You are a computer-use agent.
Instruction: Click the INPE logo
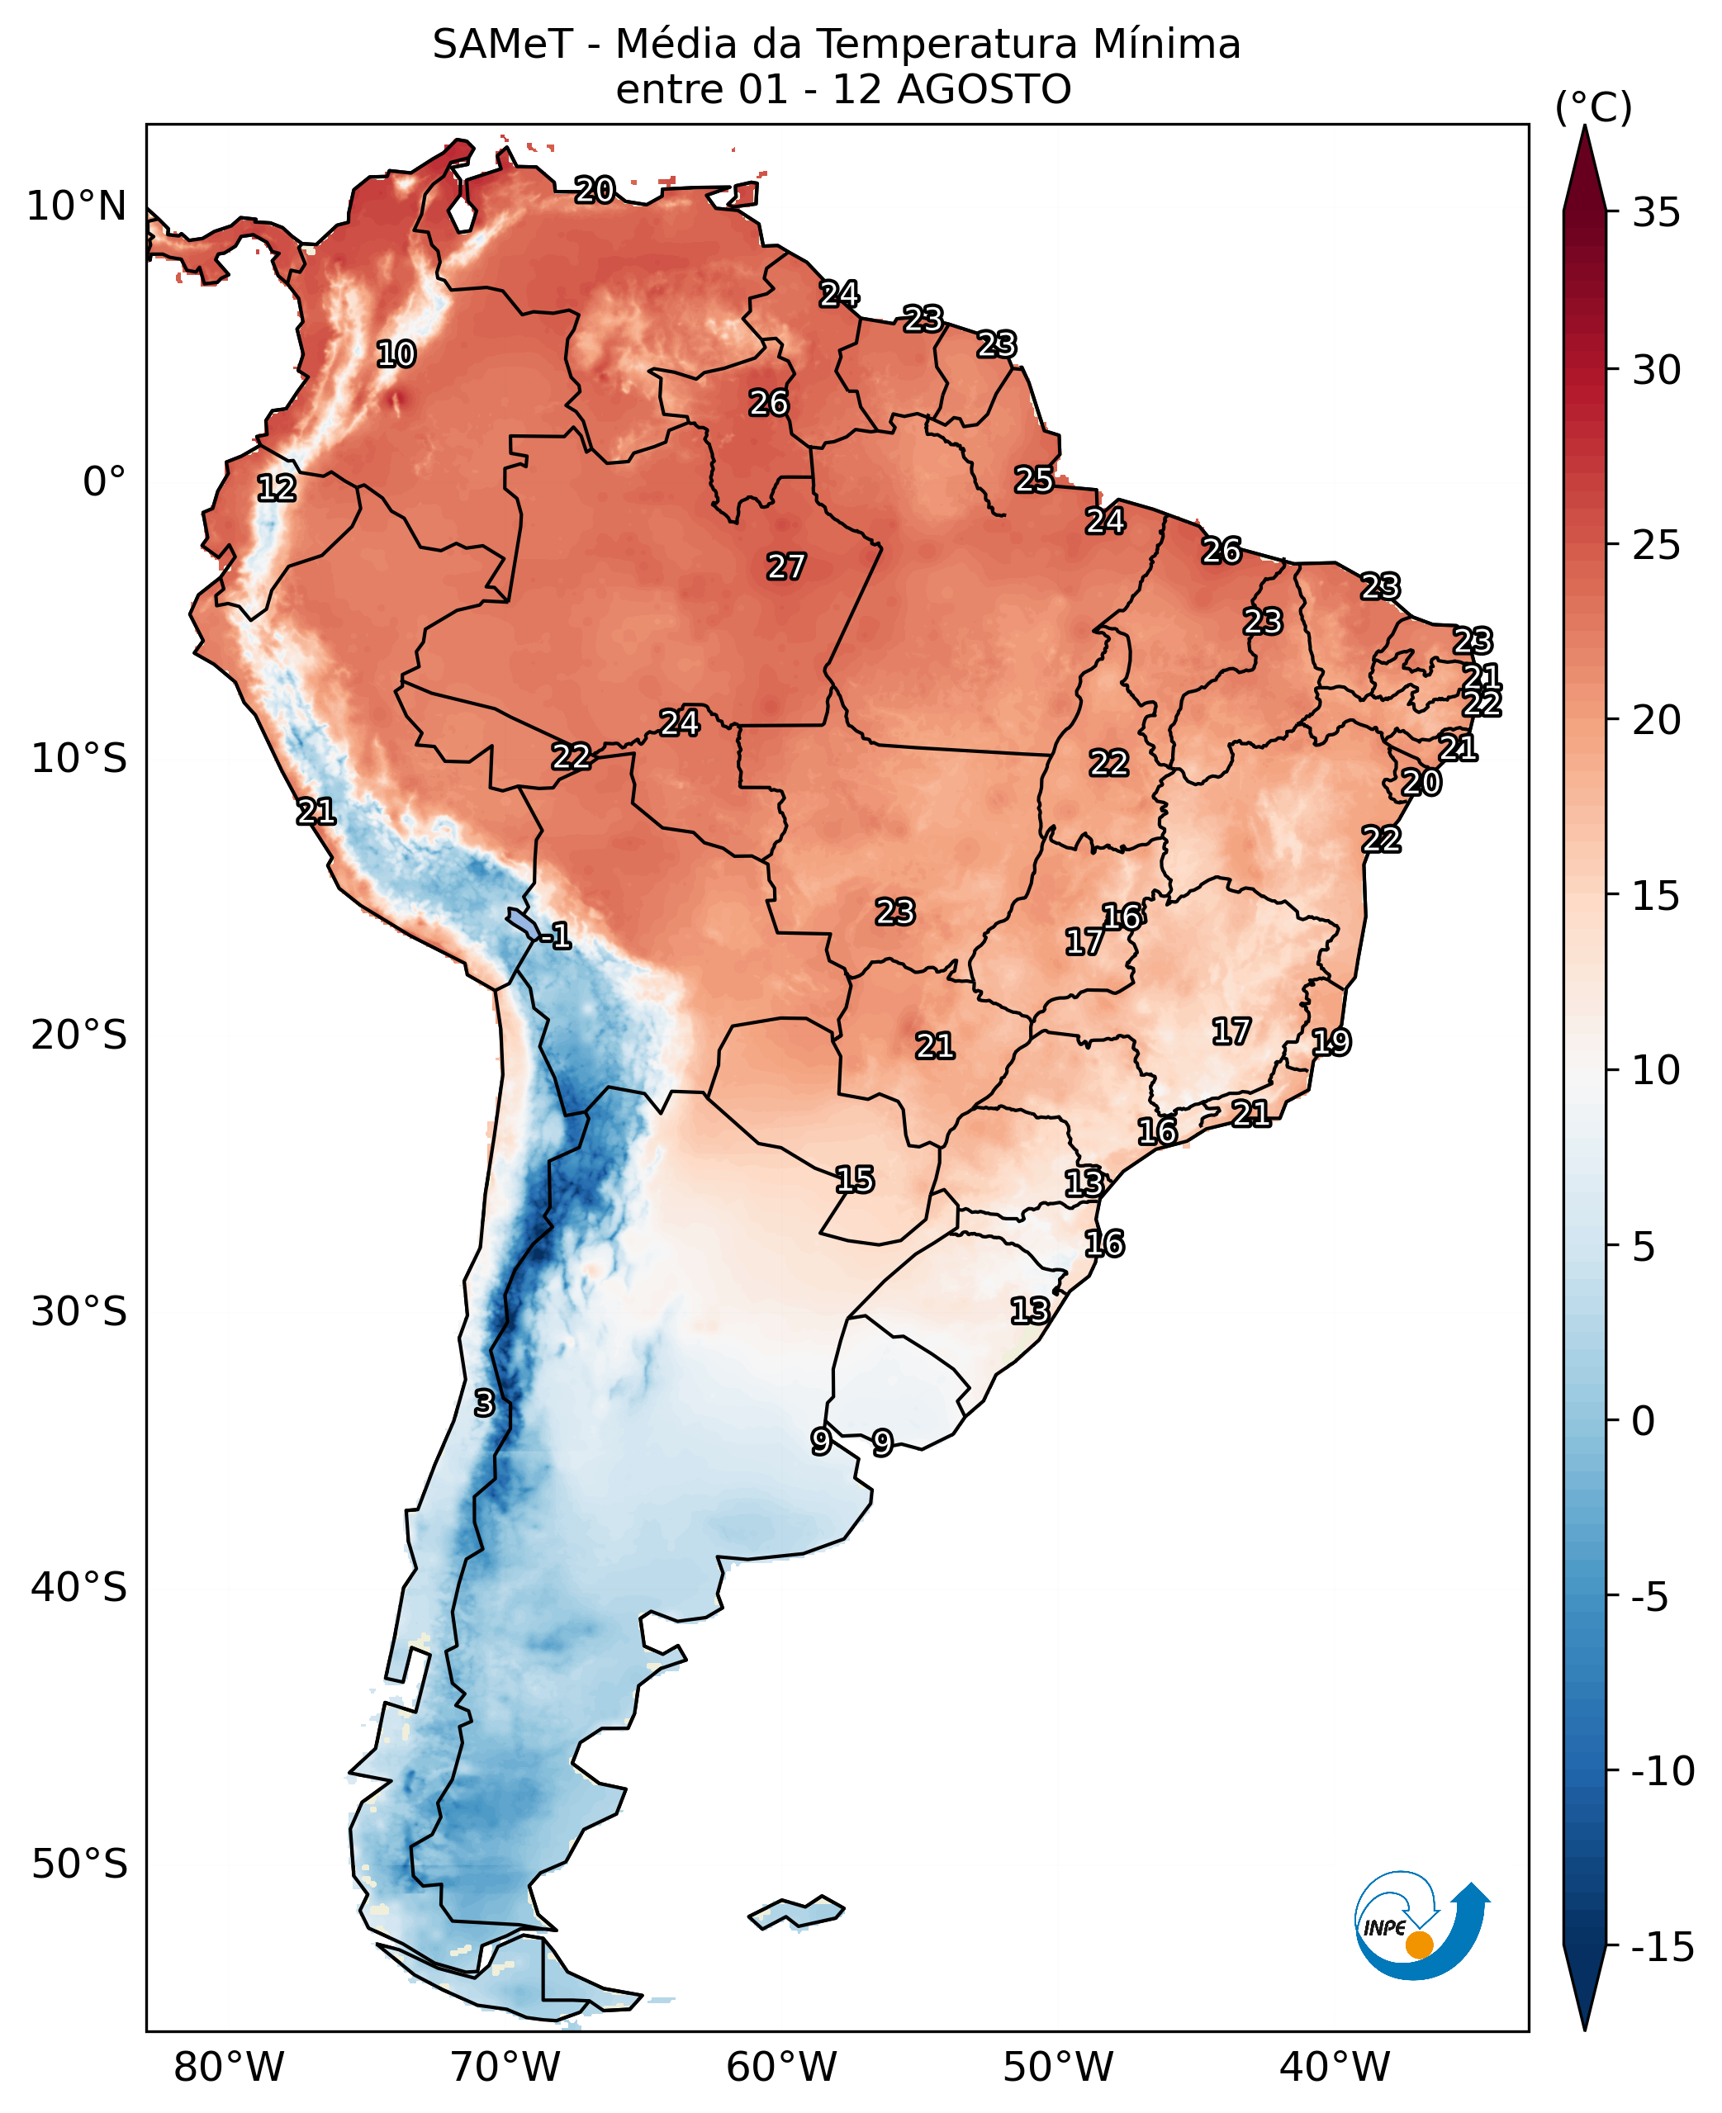(x=1421, y=1925)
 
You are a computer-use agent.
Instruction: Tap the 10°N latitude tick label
(x=76, y=206)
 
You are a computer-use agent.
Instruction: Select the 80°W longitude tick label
(x=229, y=2068)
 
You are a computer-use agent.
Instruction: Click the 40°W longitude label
(x=1334, y=2068)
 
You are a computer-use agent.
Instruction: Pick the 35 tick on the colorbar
(x=1657, y=212)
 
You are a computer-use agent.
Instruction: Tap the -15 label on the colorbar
(x=1663, y=1946)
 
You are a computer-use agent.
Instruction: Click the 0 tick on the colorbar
(x=1644, y=1421)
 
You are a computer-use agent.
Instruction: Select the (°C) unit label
(x=1593, y=107)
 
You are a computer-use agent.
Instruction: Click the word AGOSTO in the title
(x=984, y=89)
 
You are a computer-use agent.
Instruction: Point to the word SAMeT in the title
(x=503, y=45)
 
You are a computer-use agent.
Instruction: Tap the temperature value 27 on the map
(x=785, y=566)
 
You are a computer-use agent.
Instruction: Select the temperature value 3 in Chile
(x=483, y=1403)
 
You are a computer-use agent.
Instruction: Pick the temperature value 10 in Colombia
(x=396, y=354)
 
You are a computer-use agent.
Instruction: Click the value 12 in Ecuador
(x=276, y=487)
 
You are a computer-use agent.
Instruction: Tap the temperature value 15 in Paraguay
(x=854, y=1179)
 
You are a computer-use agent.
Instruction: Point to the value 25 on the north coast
(x=1033, y=480)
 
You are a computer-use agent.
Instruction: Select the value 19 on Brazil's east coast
(x=1331, y=1041)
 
